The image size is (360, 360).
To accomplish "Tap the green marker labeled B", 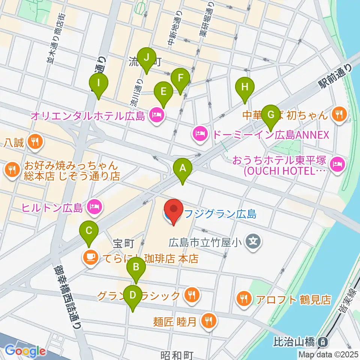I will [x=136, y=268].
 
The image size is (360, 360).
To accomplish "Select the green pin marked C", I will [x=88, y=231].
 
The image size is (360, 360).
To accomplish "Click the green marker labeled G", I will [x=270, y=114].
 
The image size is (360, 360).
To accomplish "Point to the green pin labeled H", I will [x=245, y=88].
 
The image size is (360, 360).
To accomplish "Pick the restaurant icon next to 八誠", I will [x=36, y=142].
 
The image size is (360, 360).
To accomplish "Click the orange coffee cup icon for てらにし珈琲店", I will [x=90, y=258].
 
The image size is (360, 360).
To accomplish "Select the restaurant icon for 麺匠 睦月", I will [x=207, y=321].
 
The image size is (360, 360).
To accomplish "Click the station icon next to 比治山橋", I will [x=322, y=342].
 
